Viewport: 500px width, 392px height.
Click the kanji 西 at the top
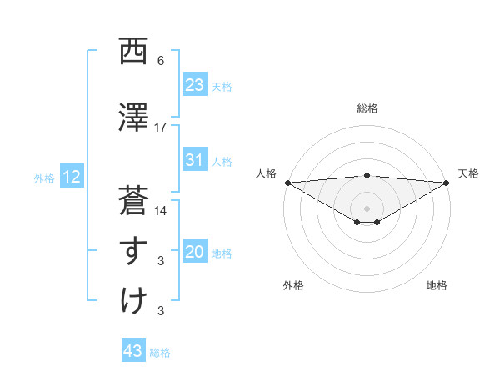(133, 52)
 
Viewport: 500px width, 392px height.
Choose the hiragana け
(133, 300)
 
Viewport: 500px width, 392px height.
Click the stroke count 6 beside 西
(161, 62)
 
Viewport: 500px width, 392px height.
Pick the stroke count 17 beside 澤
(161, 127)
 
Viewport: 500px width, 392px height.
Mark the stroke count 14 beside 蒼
(161, 211)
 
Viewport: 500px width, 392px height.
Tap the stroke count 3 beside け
(161, 311)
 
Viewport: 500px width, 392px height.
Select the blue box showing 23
(194, 85)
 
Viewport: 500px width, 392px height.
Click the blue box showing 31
(194, 160)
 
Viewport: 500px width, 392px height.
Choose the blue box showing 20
(194, 253)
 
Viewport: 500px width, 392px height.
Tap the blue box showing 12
(71, 177)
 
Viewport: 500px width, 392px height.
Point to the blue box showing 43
(133, 351)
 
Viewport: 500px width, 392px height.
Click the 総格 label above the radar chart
(367, 108)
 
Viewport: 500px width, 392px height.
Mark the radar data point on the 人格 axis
(287, 182)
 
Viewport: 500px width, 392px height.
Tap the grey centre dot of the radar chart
(367, 208)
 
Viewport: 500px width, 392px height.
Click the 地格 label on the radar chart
(437, 285)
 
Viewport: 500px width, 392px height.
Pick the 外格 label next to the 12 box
(44, 178)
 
